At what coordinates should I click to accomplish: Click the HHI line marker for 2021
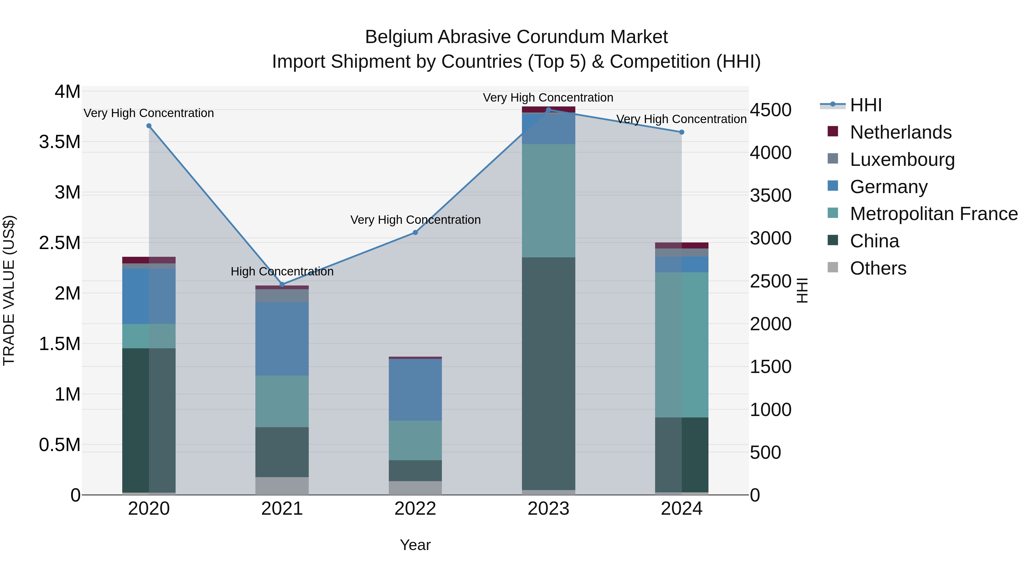[x=282, y=284]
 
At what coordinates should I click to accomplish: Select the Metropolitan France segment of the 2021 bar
[x=282, y=401]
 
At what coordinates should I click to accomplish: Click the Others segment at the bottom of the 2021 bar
[x=282, y=485]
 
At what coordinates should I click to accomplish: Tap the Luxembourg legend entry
[x=902, y=160]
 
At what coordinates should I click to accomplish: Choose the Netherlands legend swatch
[x=833, y=131]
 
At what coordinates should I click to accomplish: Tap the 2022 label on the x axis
[x=415, y=509]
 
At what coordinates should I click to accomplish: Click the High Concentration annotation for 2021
[x=282, y=271]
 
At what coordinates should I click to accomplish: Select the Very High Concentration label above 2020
[x=148, y=113]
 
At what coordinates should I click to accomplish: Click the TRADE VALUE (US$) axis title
[x=9, y=290]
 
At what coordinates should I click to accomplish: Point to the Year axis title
[x=415, y=545]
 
